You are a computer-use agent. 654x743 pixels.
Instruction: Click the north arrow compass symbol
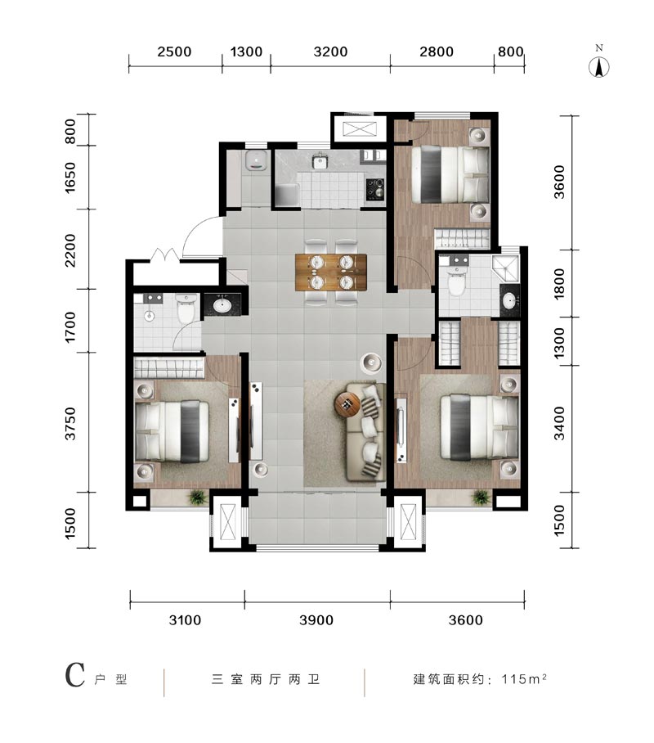(599, 67)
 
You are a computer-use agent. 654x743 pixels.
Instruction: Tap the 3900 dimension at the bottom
(316, 619)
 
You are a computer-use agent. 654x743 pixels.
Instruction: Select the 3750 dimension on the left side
(70, 423)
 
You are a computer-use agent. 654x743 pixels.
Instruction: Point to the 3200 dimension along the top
(330, 52)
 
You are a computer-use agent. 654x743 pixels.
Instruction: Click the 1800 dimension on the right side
(559, 283)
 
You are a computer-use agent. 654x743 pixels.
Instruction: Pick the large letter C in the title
(75, 675)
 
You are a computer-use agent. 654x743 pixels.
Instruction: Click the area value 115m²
(524, 678)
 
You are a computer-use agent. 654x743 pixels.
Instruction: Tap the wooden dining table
(331, 272)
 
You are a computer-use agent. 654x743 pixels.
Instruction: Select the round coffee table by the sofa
(348, 404)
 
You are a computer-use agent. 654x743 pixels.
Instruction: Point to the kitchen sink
(320, 160)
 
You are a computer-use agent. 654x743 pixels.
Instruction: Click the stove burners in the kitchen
(375, 189)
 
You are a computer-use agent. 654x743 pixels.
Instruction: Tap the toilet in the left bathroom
(186, 308)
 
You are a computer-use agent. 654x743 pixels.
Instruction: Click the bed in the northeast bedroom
(450, 174)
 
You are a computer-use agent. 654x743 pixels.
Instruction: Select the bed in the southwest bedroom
(172, 430)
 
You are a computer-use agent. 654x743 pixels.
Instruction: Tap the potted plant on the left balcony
(198, 497)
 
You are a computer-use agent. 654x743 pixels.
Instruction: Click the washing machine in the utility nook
(257, 160)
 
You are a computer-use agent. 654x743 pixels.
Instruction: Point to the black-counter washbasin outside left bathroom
(222, 304)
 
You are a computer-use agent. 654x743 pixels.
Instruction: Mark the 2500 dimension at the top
(174, 52)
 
